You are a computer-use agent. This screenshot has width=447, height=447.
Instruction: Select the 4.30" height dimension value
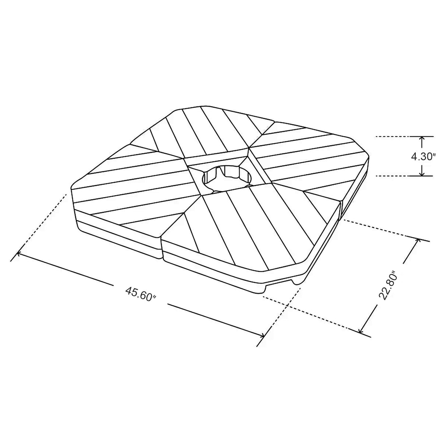tap(423, 156)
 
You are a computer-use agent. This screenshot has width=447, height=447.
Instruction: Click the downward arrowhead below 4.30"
tap(422, 173)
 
